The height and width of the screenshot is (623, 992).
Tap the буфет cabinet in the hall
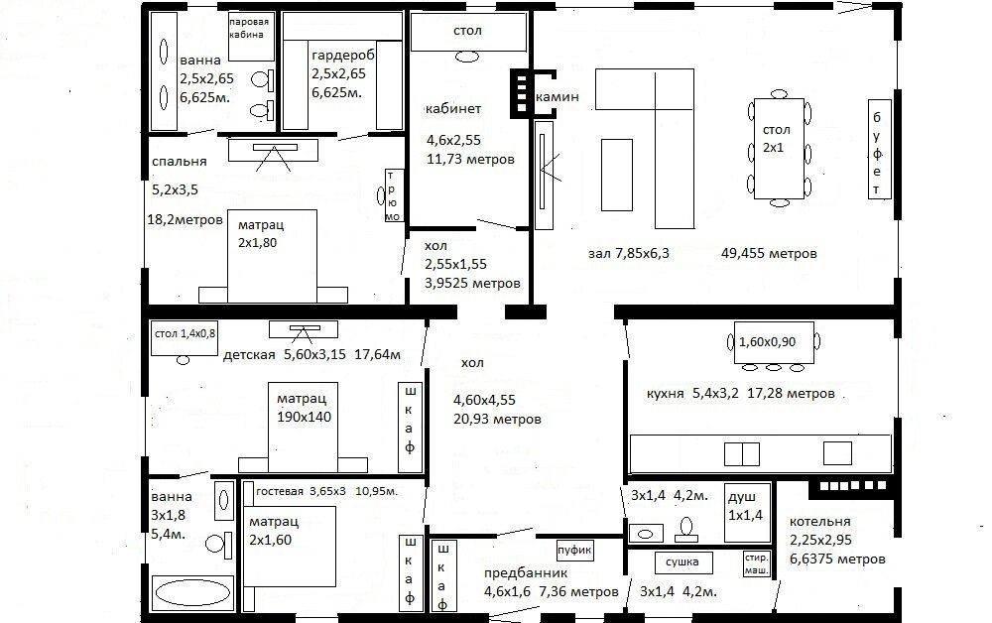[877, 149]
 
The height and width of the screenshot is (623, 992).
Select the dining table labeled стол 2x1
[778, 149]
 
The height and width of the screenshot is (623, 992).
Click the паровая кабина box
[247, 28]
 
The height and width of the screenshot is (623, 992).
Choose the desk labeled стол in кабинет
[467, 32]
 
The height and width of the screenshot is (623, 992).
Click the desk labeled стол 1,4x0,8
[184, 335]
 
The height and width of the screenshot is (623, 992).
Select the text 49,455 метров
[770, 254]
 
